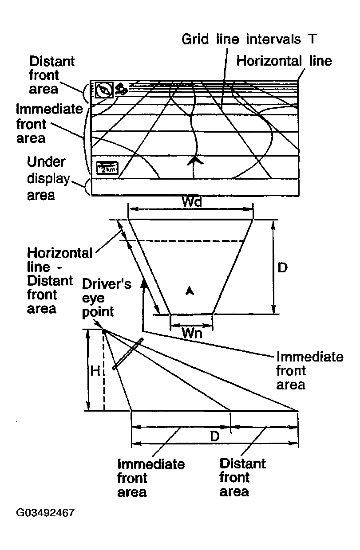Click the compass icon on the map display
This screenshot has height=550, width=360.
point(104,90)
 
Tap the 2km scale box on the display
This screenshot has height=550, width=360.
point(107,169)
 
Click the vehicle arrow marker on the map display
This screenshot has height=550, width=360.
point(192,161)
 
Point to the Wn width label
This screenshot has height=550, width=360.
point(192,333)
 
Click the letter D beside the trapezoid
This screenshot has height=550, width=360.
point(282,267)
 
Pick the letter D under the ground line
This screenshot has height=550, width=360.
point(215,436)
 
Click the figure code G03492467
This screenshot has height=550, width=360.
point(45,513)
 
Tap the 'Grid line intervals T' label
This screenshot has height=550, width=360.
point(249,39)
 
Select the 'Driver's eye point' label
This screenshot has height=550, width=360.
point(107,297)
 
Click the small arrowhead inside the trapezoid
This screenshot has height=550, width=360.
point(190,291)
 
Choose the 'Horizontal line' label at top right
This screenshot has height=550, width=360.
point(284,60)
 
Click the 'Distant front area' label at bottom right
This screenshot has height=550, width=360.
point(242,478)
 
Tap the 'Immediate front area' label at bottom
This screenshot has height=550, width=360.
point(150,478)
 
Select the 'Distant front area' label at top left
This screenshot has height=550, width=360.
point(51,75)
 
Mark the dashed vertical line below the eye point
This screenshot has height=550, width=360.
point(104,373)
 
